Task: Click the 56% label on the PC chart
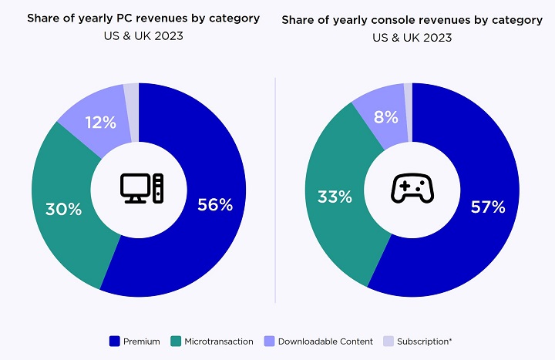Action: [x=214, y=204]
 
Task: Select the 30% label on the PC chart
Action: [x=63, y=209]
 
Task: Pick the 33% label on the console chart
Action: [x=335, y=197]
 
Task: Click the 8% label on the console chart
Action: [x=385, y=117]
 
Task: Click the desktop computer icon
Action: [x=142, y=188]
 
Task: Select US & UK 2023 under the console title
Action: [x=412, y=37]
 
